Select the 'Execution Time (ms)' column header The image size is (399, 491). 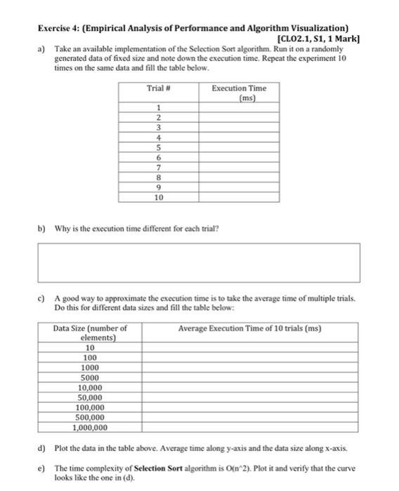pyautogui.click(x=239, y=93)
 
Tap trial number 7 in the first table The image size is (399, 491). pyautogui.click(x=159, y=168)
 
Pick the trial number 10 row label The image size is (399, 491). pyautogui.click(x=159, y=199)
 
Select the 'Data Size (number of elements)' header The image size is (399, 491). pyautogui.click(x=90, y=332)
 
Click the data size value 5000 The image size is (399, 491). pyautogui.click(x=90, y=377)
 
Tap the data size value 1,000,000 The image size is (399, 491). pyautogui.click(x=90, y=426)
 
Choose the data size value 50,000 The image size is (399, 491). pyautogui.click(x=90, y=396)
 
